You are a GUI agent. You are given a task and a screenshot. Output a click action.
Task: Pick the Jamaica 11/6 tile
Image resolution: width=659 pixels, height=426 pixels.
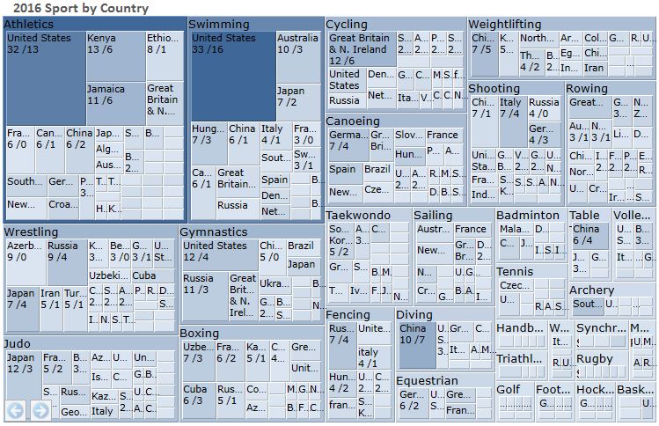(x=114, y=102)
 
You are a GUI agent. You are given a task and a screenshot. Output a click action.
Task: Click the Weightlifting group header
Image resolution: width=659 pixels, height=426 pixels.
(x=505, y=24)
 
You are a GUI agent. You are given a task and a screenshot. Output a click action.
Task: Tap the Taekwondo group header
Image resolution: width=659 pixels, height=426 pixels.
(x=359, y=215)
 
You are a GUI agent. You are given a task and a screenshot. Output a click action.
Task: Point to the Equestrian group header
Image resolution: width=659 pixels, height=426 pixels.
(x=427, y=380)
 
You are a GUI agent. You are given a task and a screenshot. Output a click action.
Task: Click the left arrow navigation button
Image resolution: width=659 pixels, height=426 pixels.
(x=15, y=410)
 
